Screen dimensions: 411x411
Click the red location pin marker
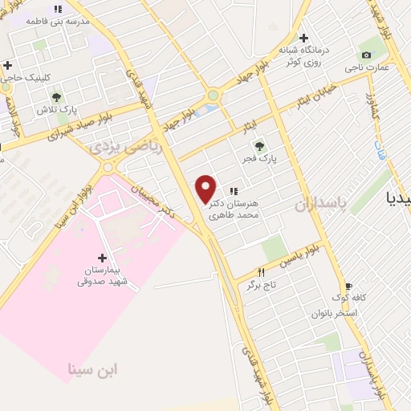[206, 188]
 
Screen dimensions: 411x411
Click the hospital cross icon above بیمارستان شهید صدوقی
[101, 257]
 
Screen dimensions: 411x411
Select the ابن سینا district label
[92, 370]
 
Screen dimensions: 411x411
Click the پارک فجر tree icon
[258, 145]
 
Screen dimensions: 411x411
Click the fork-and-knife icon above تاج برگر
[261, 273]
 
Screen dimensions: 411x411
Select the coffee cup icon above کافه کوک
[348, 286]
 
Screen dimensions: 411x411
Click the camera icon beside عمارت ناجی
[367, 55]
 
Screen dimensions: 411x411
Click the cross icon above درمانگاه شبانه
[303, 38]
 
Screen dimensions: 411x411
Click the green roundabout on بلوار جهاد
[213, 96]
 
